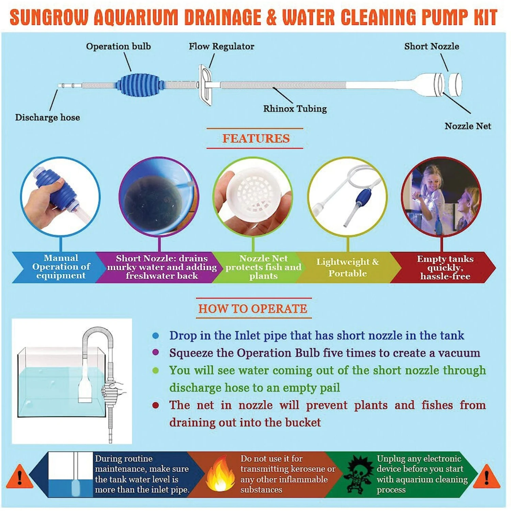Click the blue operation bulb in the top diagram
coord(140,85)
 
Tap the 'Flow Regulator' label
coord(221,46)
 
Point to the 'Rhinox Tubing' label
coord(295,109)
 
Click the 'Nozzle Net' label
coord(468,126)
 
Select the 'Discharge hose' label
coord(47,118)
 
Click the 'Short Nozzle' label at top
coord(432,46)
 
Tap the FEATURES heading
coord(256,139)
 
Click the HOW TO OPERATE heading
coord(253,309)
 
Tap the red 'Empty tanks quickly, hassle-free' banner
coord(443,267)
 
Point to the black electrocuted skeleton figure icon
coord(358,474)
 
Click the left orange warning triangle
coord(20,477)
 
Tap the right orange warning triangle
coord(487,477)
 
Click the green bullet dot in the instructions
coord(156,370)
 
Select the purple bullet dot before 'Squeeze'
coord(156,352)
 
